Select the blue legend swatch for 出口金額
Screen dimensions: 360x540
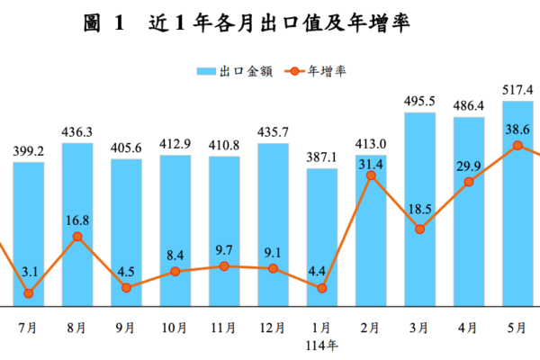(x=206, y=70)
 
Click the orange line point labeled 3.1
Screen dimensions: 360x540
(x=29, y=292)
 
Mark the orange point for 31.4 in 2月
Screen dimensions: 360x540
(x=371, y=175)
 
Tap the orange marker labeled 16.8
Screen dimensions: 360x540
(x=77, y=236)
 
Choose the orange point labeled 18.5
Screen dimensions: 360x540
(x=419, y=229)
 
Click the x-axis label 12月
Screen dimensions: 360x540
(x=273, y=328)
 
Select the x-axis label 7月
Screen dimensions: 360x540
(x=29, y=328)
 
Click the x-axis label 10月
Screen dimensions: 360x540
(x=175, y=328)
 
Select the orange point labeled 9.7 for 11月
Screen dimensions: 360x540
(x=224, y=266)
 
